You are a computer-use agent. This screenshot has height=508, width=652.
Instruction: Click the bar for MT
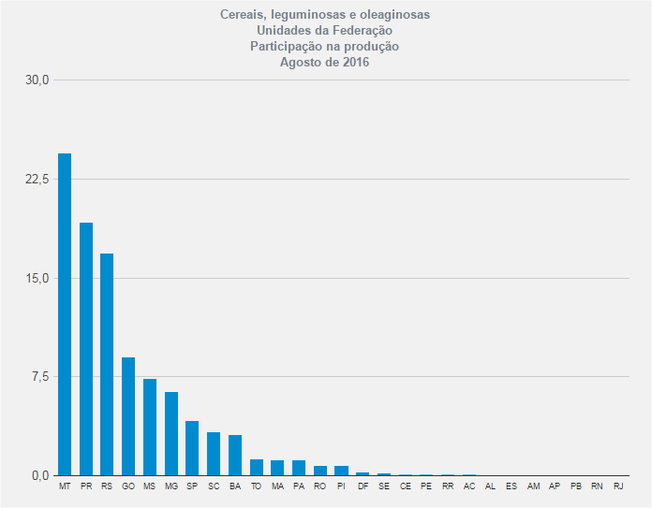tap(65, 314)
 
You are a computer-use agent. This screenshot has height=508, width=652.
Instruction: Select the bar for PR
tap(86, 349)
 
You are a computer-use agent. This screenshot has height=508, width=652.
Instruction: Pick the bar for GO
tap(128, 416)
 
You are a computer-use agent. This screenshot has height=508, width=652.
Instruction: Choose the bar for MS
tap(150, 428)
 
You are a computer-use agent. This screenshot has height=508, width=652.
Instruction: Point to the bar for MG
tap(171, 434)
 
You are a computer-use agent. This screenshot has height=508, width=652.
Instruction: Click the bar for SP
tap(192, 448)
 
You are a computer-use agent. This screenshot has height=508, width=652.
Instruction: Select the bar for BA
tap(235, 456)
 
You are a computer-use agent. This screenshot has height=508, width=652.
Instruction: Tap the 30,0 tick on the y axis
tap(37, 80)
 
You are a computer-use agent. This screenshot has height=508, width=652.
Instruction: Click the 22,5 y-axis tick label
tap(37, 179)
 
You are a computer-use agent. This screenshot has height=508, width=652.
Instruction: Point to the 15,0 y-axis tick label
tap(37, 278)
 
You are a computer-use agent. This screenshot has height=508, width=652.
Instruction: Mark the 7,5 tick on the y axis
tap(40, 376)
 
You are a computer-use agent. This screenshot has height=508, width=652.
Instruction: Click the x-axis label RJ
tap(618, 487)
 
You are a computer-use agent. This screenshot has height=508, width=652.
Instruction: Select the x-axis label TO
tap(256, 487)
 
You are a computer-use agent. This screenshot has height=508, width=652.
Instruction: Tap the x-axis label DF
tap(363, 487)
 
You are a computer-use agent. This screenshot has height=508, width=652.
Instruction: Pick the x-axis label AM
tap(533, 487)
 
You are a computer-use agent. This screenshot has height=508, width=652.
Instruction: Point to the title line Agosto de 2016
tap(324, 63)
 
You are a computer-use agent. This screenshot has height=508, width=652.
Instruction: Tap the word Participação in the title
tap(285, 47)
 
